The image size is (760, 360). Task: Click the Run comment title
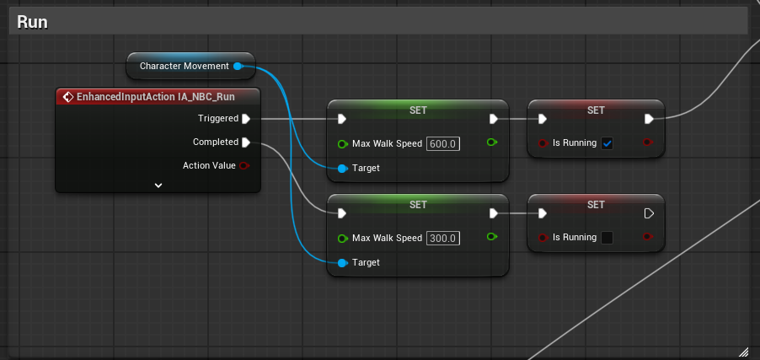(x=32, y=22)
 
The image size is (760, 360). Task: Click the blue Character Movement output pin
(x=238, y=66)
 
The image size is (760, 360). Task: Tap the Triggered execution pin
(x=246, y=118)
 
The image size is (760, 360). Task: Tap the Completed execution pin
(x=246, y=142)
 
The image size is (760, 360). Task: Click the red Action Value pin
(x=244, y=165)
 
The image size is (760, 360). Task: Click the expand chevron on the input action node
(x=158, y=185)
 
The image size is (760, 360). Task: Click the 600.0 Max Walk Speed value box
(x=443, y=144)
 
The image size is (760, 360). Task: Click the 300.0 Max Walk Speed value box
(x=443, y=239)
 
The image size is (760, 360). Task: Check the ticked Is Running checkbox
(x=607, y=143)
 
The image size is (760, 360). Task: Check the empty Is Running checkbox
(x=607, y=237)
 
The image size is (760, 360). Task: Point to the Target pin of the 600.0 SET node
(x=342, y=169)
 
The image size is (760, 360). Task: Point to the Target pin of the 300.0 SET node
(x=342, y=262)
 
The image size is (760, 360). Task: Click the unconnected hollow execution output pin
(x=649, y=213)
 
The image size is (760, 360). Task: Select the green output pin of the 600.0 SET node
(x=492, y=142)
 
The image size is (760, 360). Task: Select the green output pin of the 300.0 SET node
(x=492, y=236)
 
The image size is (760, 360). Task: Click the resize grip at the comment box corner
(x=743, y=352)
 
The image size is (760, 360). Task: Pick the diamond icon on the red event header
(x=68, y=97)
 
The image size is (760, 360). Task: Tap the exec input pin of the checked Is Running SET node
(x=543, y=119)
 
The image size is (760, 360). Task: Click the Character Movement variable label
(x=185, y=66)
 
